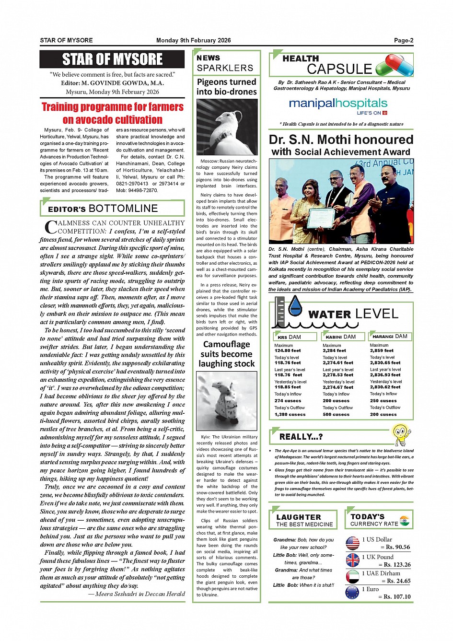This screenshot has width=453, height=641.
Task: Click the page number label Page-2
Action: click(403, 40)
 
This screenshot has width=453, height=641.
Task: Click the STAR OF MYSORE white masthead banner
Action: click(112, 59)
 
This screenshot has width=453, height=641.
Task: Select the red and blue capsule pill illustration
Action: click(395, 65)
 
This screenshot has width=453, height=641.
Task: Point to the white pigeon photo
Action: click(227, 127)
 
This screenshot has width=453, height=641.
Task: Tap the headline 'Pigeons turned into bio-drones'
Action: click(227, 87)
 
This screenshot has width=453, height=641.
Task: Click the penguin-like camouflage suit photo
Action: click(227, 401)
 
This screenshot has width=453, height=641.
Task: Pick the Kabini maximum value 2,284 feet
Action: click(334, 350)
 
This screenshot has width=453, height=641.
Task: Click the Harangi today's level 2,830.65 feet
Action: click(385, 363)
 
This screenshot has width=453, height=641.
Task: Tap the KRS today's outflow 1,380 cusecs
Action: click(290, 414)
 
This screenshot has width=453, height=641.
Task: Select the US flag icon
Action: click(352, 543)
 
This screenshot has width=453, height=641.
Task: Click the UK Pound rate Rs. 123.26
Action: click(395, 564)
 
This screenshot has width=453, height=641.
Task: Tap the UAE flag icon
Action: click(352, 576)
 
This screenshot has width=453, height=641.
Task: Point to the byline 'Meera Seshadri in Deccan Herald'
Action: click(137, 594)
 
